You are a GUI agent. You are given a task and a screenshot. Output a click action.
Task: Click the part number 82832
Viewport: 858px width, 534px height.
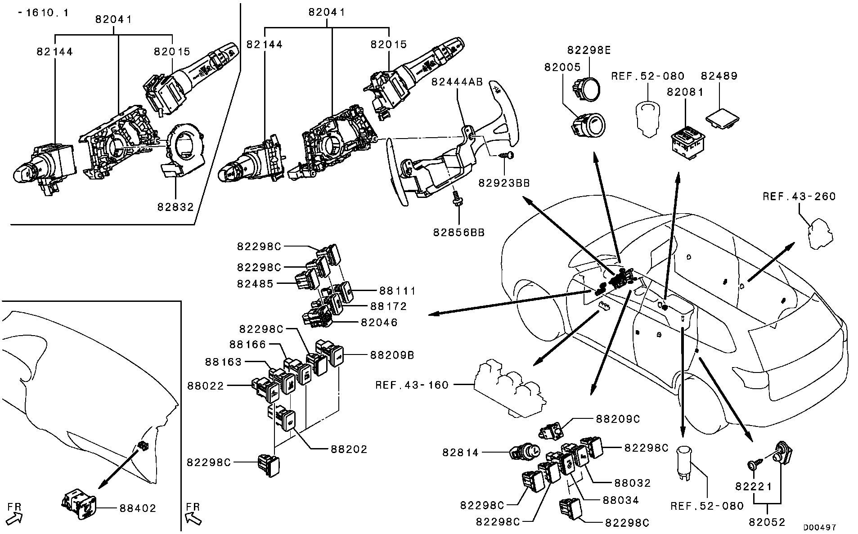coord(175,207)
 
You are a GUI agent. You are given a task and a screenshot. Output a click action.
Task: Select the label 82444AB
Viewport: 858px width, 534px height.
coord(457,82)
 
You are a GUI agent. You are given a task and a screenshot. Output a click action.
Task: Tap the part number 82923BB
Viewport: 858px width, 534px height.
coord(503,183)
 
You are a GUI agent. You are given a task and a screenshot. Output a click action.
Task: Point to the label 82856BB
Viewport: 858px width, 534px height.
coord(459,233)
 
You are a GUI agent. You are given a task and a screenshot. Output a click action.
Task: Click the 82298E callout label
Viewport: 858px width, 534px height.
coord(589,50)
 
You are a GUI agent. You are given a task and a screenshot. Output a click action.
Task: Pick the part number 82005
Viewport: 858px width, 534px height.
coord(562,67)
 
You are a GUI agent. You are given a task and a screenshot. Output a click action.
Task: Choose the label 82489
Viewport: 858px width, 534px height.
coord(719,76)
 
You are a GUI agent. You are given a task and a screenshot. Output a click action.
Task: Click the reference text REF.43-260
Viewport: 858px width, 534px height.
coord(799,197)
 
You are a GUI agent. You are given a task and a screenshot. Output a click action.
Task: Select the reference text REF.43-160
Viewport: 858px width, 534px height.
coord(412,385)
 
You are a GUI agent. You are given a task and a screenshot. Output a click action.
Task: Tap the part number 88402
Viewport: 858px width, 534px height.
coord(138,508)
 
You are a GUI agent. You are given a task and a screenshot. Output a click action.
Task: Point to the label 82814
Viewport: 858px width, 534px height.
coord(461,453)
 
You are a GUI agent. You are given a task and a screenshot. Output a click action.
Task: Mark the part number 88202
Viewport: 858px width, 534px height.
coord(349,449)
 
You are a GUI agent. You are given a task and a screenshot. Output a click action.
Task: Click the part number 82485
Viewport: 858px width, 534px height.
coord(255,284)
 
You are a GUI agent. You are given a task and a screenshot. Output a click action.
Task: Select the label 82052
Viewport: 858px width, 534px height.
coord(767,522)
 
